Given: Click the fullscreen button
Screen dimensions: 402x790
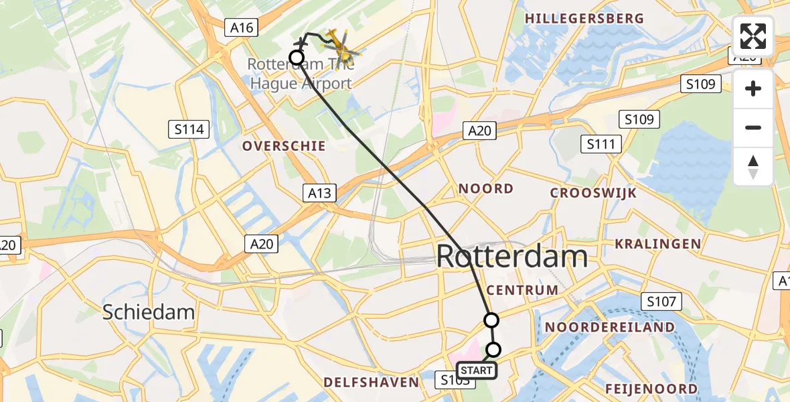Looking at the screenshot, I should tap(753, 36).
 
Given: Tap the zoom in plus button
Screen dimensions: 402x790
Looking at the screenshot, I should tap(753, 88).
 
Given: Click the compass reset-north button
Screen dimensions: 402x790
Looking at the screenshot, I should tap(753, 167).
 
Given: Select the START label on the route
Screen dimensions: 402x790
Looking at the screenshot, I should tap(477, 371).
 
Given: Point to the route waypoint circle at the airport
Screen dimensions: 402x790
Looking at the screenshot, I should tap(296, 58).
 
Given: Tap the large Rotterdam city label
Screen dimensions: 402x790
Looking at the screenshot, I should tap(512, 257).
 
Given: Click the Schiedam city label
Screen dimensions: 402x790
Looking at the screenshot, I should tap(149, 312).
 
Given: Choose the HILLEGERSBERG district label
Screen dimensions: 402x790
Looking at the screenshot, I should tap(584, 19).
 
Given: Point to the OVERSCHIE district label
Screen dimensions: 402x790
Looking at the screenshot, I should tap(284, 146).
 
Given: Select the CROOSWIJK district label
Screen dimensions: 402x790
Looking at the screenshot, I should tap(593, 193).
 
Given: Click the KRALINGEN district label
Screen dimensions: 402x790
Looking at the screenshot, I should tap(657, 244).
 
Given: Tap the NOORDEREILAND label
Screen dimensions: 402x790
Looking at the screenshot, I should tap(610, 327).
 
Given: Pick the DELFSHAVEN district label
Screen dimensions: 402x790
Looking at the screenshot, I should tap(371, 383).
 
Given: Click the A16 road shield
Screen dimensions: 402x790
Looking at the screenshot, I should tap(242, 27).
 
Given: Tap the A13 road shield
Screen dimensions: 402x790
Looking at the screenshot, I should tap(319, 194).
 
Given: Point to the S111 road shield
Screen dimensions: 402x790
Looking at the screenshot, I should tap(603, 144).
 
